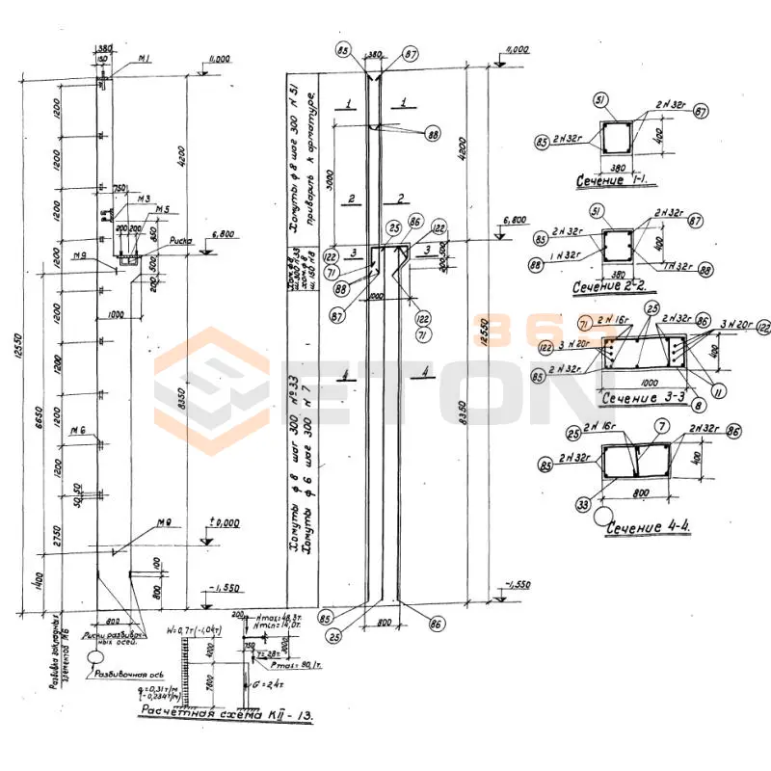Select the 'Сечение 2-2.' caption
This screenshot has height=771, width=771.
611,287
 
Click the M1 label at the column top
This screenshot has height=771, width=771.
145,60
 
